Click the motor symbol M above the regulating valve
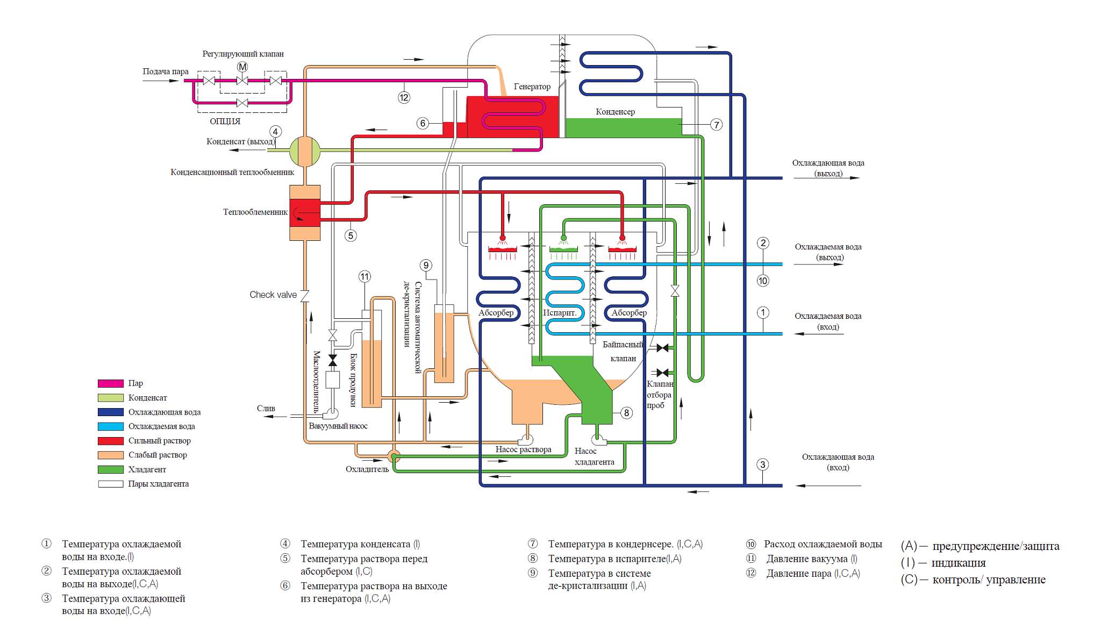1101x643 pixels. (242, 67)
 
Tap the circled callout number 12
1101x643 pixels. (404, 97)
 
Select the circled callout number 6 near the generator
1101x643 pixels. (423, 123)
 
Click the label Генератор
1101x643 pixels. (532, 87)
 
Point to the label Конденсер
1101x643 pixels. (615, 112)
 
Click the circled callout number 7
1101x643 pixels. (716, 125)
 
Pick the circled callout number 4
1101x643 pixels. (275, 132)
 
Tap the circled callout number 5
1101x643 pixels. (351, 235)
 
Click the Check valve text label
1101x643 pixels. (273, 295)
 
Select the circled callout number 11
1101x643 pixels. (364, 277)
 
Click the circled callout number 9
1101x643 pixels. (426, 265)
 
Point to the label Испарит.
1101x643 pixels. (560, 313)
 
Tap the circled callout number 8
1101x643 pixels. (626, 413)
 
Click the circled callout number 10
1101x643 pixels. (763, 281)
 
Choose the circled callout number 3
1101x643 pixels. (762, 465)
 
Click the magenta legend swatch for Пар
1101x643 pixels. (111, 383)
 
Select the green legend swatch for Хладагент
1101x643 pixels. (111, 469)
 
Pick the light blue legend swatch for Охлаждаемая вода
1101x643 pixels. (111, 426)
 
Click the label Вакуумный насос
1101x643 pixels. (338, 426)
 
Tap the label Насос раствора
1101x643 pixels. (523, 449)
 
